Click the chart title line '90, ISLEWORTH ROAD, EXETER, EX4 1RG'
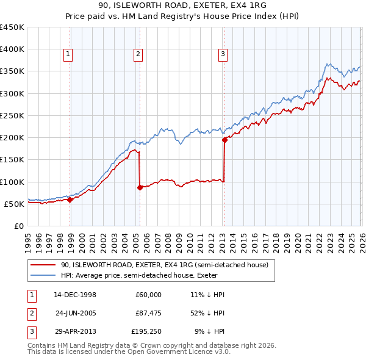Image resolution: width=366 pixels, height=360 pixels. pyautogui.click(x=182, y=5)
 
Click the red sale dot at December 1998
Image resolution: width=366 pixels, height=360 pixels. pyautogui.click(x=70, y=199)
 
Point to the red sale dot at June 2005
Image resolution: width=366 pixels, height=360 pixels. pyautogui.click(x=140, y=187)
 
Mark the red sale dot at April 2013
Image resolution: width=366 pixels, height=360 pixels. pyautogui.click(x=224, y=140)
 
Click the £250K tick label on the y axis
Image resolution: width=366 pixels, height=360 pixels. pyautogui.click(x=12, y=115)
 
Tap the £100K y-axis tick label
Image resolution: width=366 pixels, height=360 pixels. pyautogui.click(x=12, y=182)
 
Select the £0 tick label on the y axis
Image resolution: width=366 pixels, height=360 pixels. pyautogui.click(x=18, y=226)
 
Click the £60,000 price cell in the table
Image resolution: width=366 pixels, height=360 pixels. pyautogui.click(x=148, y=295)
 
